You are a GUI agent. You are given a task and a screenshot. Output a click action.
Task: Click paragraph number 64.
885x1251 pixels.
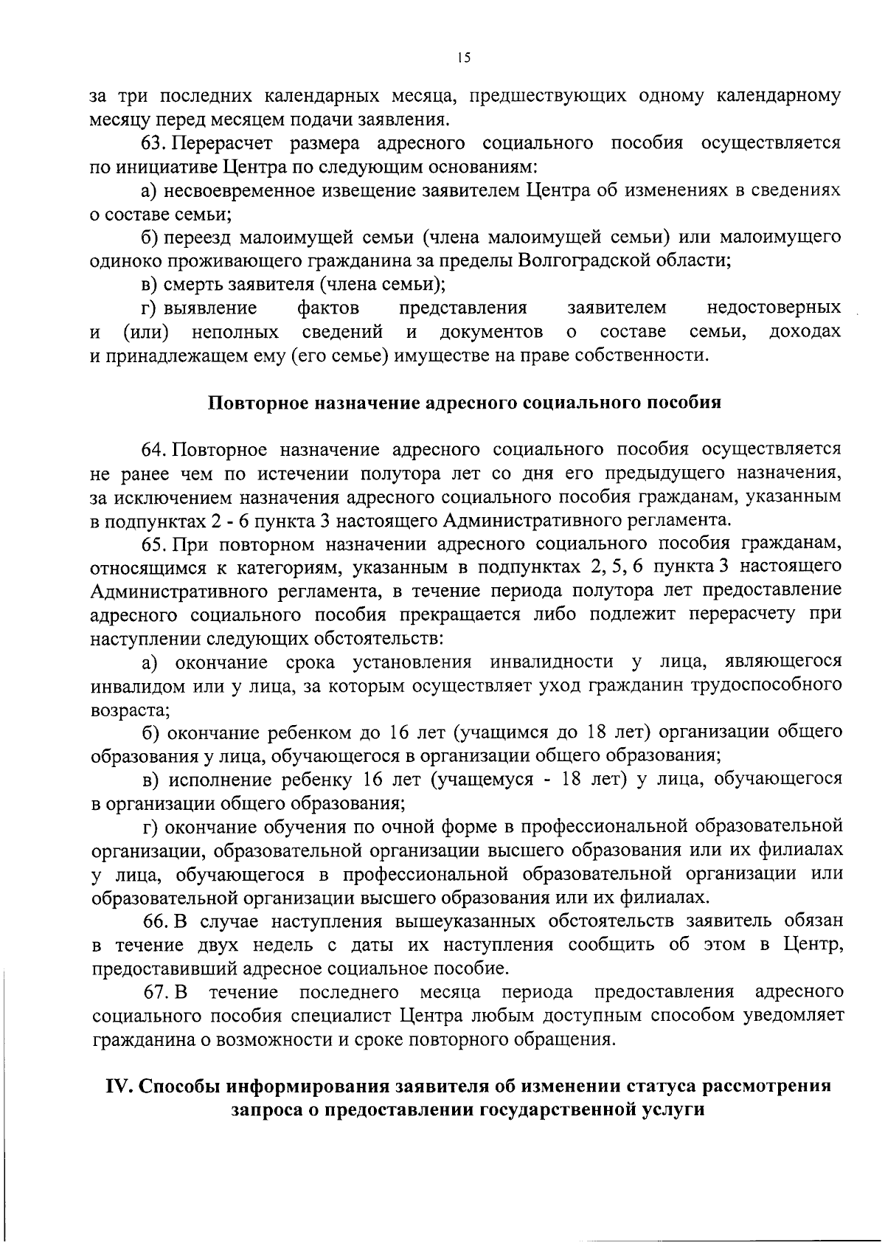click(156, 450)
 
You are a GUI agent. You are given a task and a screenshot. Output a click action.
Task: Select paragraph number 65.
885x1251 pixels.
click(156, 544)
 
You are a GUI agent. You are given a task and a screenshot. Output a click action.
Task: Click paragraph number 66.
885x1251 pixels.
click(156, 921)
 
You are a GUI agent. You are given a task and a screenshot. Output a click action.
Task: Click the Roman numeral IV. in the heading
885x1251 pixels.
click(119, 1087)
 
